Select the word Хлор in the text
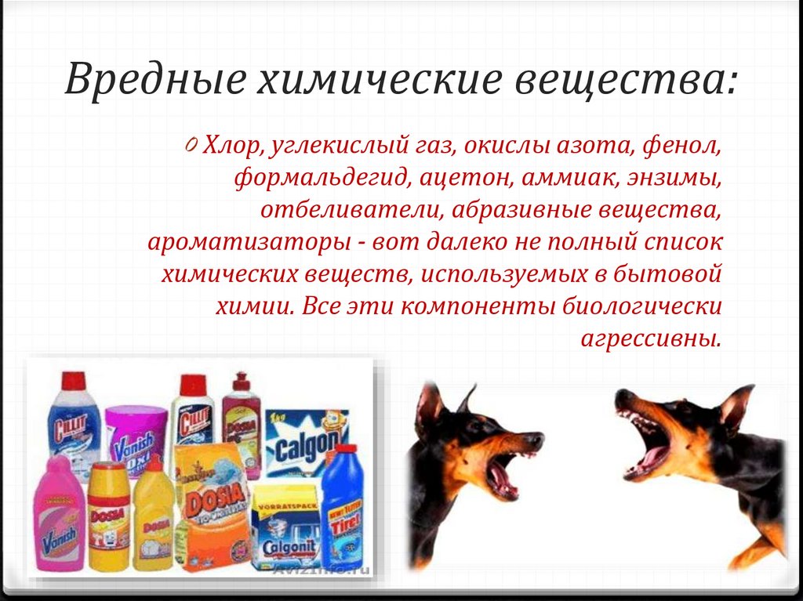click(227, 147)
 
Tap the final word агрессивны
click(649, 339)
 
